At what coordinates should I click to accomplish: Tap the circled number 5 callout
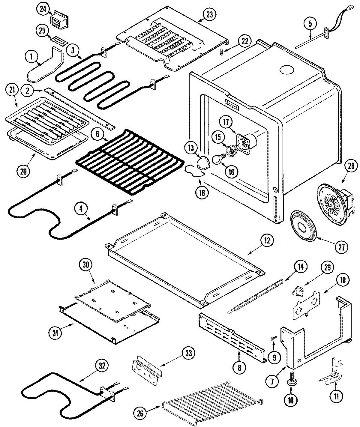(310, 23)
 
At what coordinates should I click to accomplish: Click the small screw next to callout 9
(273, 338)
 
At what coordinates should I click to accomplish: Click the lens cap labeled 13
(199, 162)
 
